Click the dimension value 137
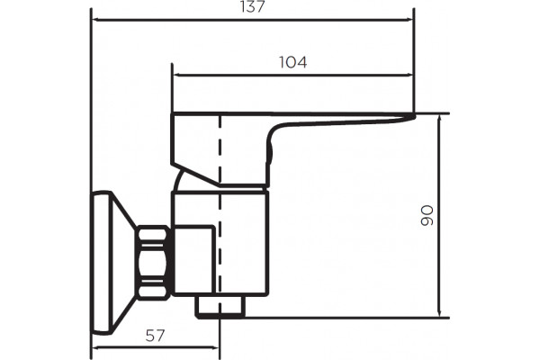coord(253,6)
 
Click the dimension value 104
coord(292,62)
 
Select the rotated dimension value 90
coord(427,216)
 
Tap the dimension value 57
coord(155,336)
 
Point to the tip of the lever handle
coord(415,116)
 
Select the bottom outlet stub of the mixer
coord(220,306)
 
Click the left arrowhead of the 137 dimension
coord(97,20)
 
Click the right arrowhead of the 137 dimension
coord(409,20)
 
